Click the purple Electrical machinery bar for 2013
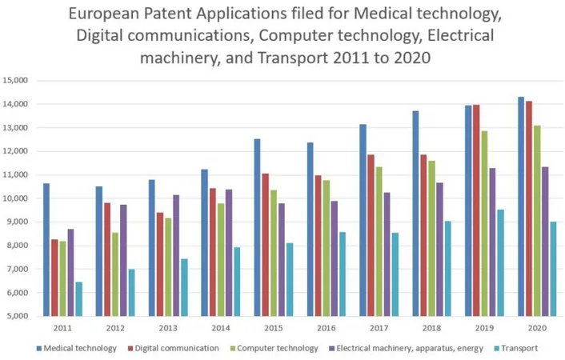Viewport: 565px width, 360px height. click(x=175, y=255)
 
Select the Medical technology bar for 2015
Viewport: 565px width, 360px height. click(x=258, y=227)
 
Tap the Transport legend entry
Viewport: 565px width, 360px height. click(x=516, y=348)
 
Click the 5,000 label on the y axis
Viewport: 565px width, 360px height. click(x=18, y=316)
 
